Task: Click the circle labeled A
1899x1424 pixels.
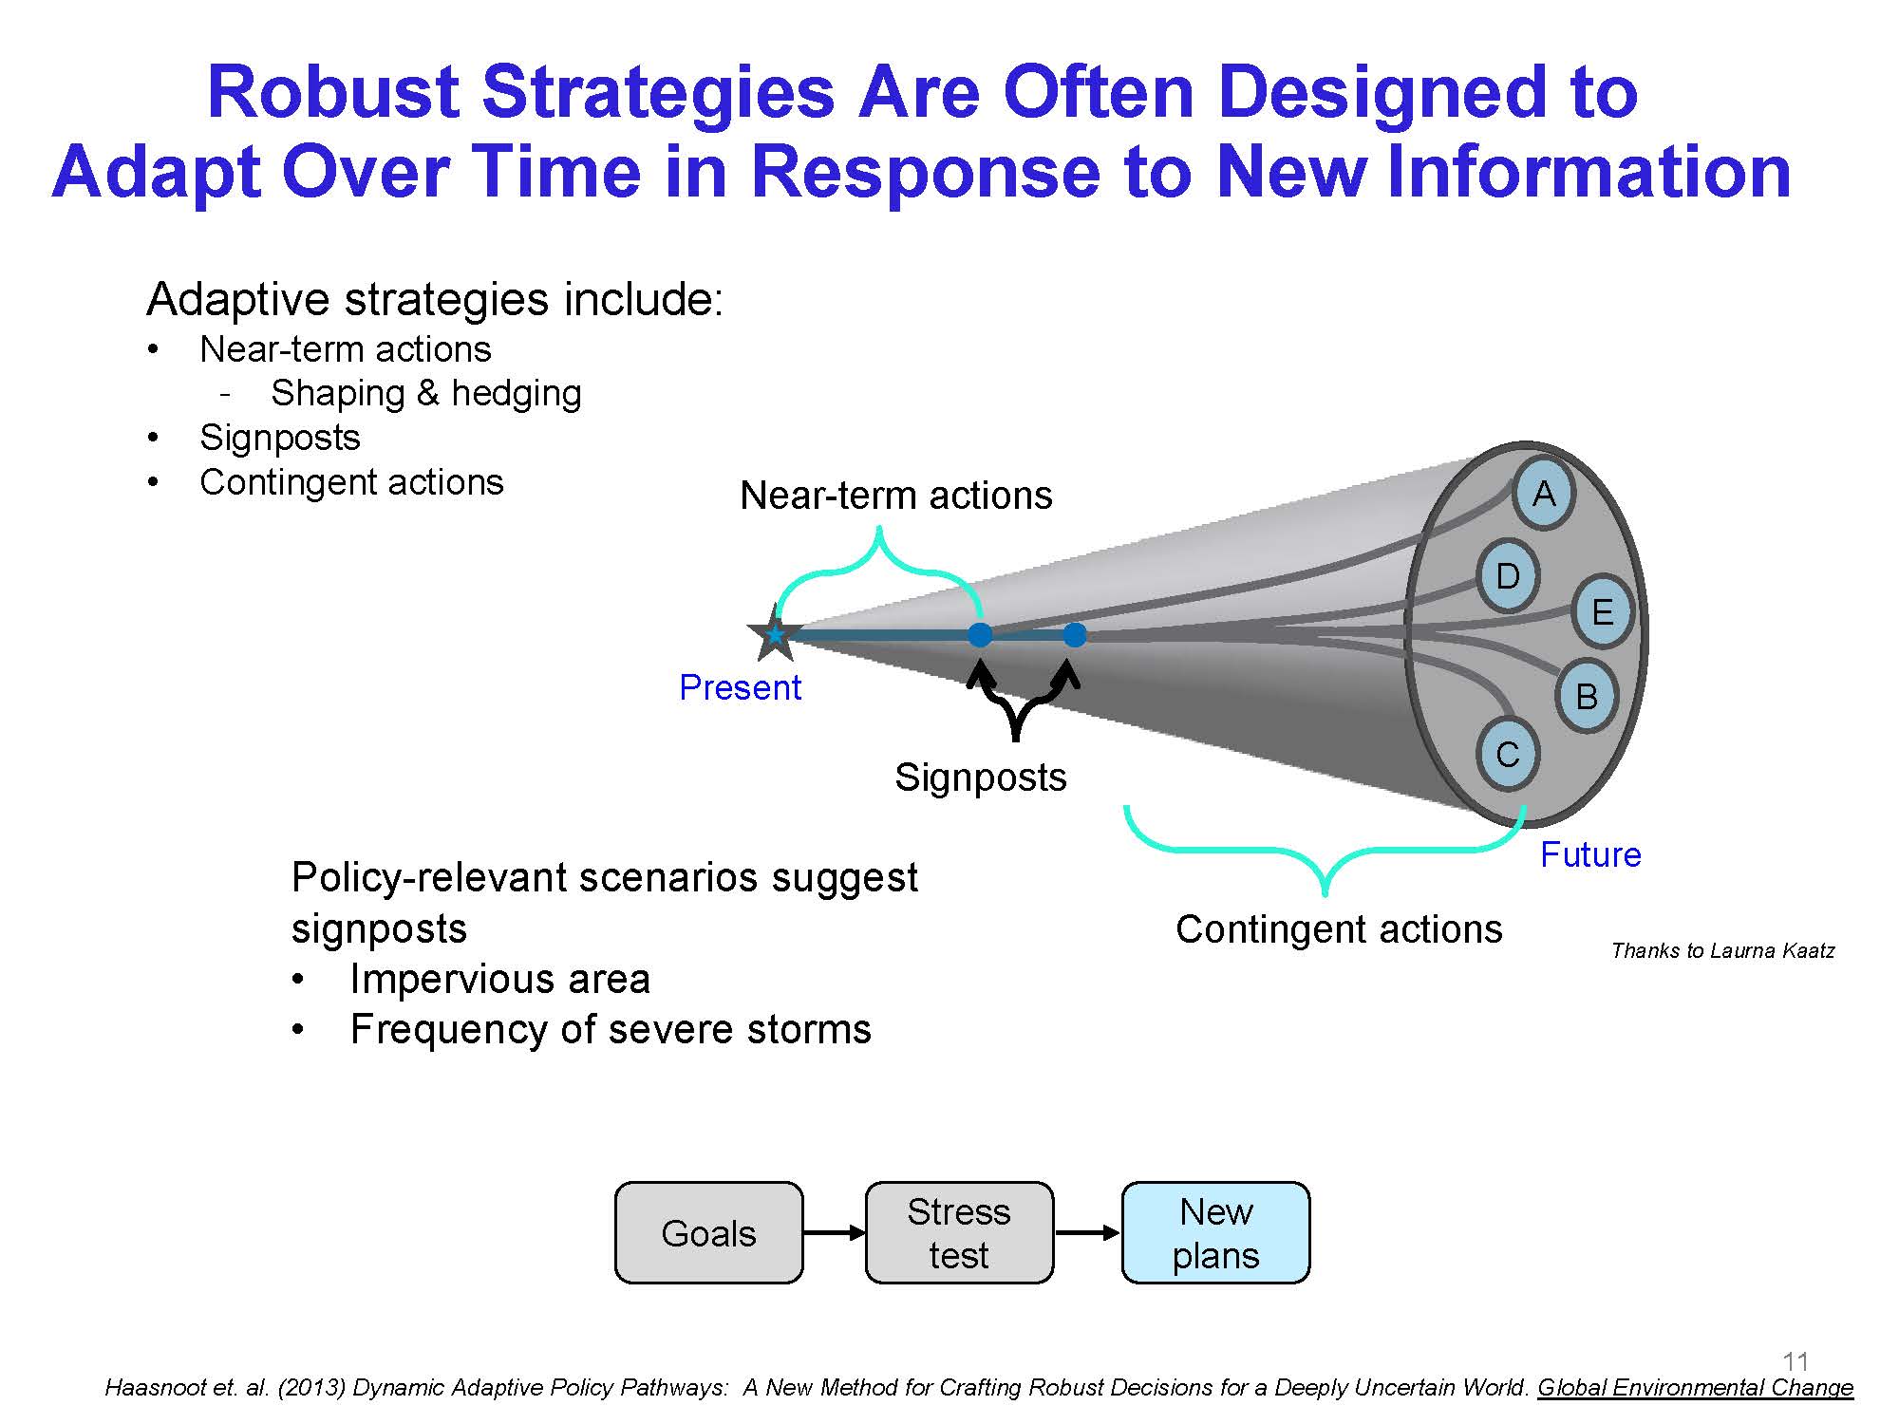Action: tap(1544, 494)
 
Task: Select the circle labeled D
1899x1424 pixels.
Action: tap(1509, 576)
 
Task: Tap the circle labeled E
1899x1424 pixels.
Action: tap(1602, 611)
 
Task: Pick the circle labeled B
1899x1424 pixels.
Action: tap(1587, 696)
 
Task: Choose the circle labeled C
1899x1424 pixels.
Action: tap(1508, 755)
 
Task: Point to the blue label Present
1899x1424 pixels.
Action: tap(741, 687)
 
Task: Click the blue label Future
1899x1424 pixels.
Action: tap(1590, 854)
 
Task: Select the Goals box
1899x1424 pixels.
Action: tap(708, 1233)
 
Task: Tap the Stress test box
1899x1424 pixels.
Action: tap(959, 1233)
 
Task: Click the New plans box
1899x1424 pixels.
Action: tap(1215, 1233)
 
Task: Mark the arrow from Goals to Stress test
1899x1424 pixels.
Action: tap(835, 1233)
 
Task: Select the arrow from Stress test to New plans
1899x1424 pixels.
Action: tap(1088, 1233)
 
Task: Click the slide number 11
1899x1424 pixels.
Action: tap(1796, 1361)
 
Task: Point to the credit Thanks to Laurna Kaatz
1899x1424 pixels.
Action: tap(1722, 950)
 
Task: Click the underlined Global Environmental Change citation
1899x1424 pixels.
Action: tap(1695, 1388)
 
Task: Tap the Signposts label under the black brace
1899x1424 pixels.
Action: tap(981, 778)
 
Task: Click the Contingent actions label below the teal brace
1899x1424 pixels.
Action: tap(1339, 929)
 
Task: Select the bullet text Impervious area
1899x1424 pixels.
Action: tap(499, 979)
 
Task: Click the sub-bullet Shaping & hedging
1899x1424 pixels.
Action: tap(426, 393)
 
